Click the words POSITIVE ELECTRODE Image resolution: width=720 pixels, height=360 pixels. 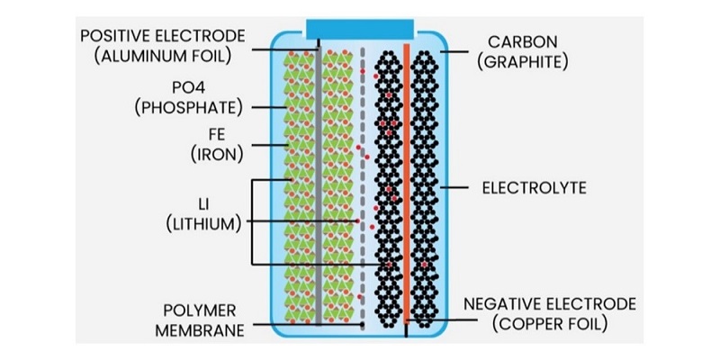pyautogui.click(x=163, y=36)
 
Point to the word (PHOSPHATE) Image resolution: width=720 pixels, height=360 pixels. pyautogui.click(x=187, y=109)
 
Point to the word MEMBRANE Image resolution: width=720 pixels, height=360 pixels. pyautogui.click(x=199, y=328)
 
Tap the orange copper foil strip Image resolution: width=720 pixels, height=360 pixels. pyautogui.click(x=407, y=180)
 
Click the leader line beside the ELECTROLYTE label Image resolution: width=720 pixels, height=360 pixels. pyautogui.click(x=459, y=189)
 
